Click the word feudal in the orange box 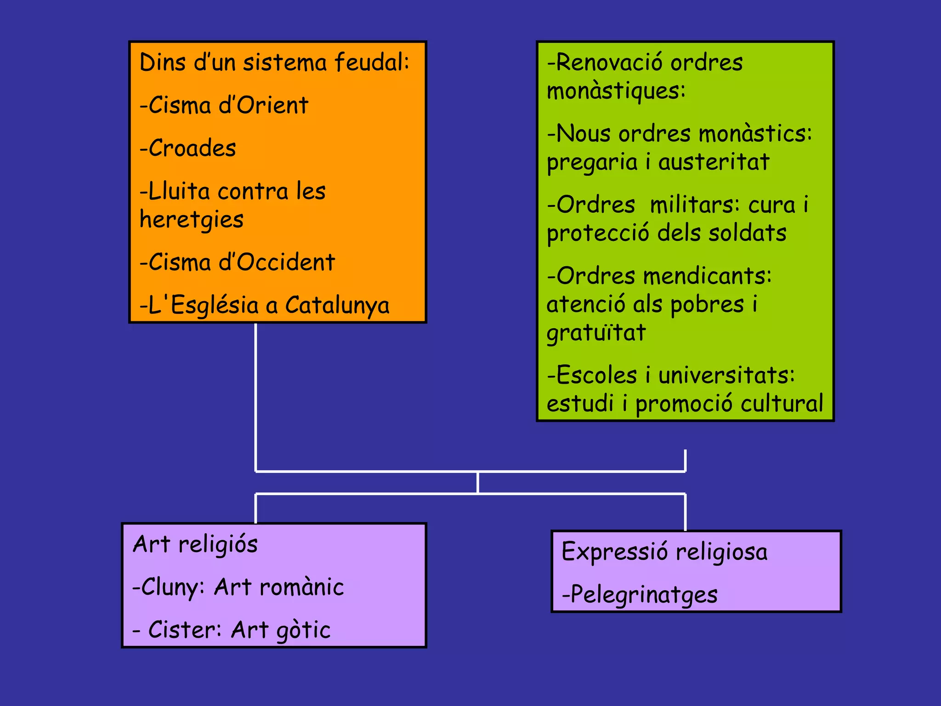click(371, 62)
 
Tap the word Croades click(193, 148)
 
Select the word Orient click(272, 105)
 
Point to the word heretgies click(192, 220)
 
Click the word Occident click(286, 262)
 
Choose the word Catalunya click(337, 306)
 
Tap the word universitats click(726, 376)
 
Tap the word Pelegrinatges click(644, 595)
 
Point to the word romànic click(301, 587)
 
